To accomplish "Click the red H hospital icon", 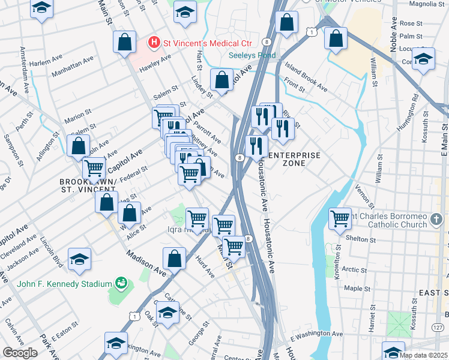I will click(x=154, y=43).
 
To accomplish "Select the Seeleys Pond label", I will click(x=252, y=56).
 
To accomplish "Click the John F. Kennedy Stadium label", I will click(x=65, y=284).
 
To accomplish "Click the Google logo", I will click(x=20, y=352).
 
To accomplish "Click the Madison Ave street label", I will click(x=146, y=263).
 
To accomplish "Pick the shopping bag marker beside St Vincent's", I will click(x=124, y=43).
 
